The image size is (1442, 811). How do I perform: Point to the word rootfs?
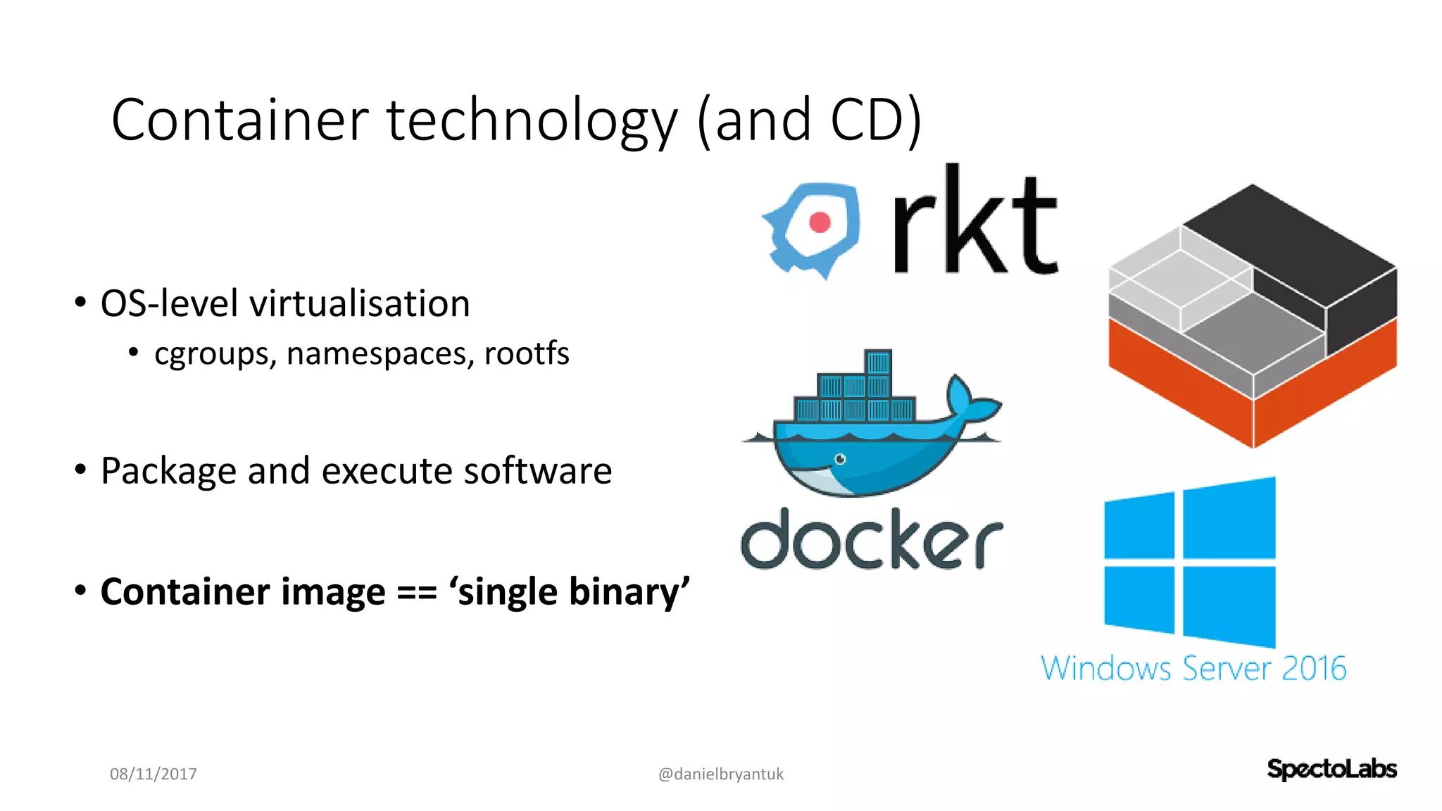tap(527, 353)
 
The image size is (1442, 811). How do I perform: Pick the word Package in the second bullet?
tap(168, 471)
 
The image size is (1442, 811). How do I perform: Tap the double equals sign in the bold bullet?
tap(417, 592)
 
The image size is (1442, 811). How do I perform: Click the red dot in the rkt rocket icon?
tap(820, 222)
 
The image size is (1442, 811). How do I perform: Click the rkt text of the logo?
tap(974, 222)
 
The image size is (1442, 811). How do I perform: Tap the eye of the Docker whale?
tap(840, 459)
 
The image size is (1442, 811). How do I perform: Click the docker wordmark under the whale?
tap(872, 541)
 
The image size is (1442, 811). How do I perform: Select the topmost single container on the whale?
tap(878, 363)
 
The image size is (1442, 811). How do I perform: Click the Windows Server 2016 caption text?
tap(1193, 668)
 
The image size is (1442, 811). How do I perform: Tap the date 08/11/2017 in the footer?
tap(153, 774)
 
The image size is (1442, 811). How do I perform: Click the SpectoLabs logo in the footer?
tap(1331, 769)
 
